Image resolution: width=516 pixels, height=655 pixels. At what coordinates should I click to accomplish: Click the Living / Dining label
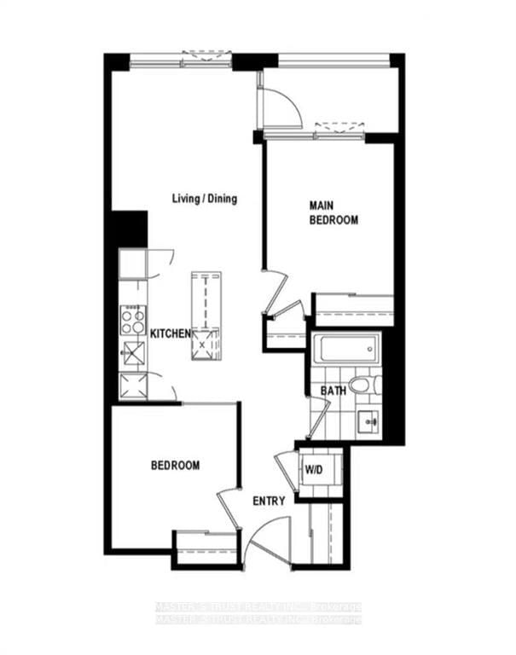click(x=204, y=199)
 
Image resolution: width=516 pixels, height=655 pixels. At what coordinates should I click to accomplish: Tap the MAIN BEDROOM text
click(x=333, y=212)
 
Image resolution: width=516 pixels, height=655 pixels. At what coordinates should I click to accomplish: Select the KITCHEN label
click(x=170, y=333)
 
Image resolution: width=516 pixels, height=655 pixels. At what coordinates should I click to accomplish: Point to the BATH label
click(x=333, y=391)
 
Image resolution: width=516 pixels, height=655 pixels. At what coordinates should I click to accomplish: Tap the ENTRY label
click(x=269, y=501)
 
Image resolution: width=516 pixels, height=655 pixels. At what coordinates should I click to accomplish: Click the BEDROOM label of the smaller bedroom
click(x=175, y=466)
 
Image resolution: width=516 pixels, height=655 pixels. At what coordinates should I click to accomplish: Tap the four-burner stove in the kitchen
click(x=132, y=321)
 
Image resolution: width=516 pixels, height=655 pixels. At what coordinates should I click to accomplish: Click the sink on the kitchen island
click(x=206, y=345)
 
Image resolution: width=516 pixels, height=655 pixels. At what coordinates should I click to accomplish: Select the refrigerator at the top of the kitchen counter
click(x=132, y=264)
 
